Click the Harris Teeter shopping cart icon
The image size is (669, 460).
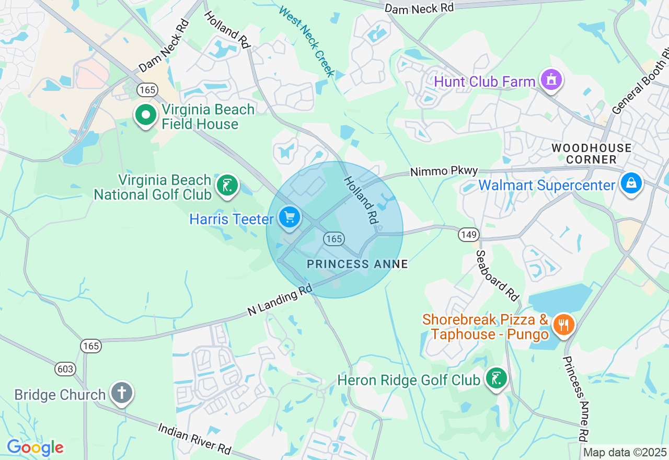click(x=289, y=217)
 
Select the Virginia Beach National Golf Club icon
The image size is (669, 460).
click(x=227, y=186)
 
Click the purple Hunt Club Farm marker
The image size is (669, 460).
click(x=550, y=80)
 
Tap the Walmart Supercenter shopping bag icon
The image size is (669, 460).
click(x=631, y=183)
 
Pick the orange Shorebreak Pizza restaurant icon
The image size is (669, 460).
click(x=563, y=325)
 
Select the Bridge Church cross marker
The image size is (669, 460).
click(x=122, y=393)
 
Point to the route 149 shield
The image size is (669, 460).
click(x=469, y=234)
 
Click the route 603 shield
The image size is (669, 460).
click(x=65, y=369)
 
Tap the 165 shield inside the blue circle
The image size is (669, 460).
click(x=333, y=239)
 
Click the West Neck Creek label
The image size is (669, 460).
click(x=307, y=41)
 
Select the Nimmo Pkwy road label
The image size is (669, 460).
click(x=444, y=171)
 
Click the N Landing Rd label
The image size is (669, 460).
click(x=280, y=300)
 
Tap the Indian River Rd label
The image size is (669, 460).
click(x=194, y=438)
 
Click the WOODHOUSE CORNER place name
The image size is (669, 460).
click(x=592, y=154)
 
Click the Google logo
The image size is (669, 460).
click(x=35, y=447)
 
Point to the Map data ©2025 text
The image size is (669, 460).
click(x=625, y=453)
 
